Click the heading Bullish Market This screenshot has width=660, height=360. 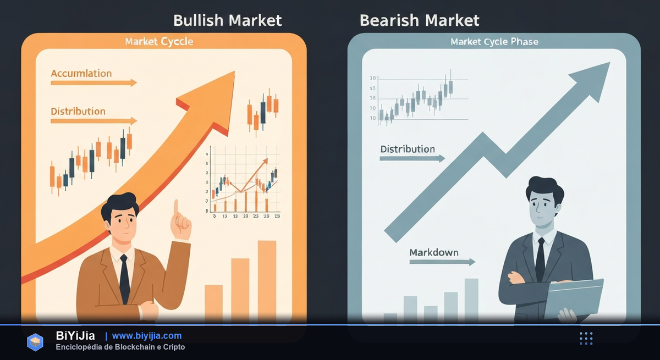coord(227,20)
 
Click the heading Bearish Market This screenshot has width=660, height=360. coord(419,20)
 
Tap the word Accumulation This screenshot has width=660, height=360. coord(81,73)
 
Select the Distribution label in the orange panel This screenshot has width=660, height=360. coord(78,111)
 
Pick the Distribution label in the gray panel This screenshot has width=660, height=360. coord(408,149)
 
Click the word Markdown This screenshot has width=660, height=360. coord(434,253)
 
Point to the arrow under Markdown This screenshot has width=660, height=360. coord(442,262)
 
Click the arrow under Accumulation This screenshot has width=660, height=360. coord(94,83)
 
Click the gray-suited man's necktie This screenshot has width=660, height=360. coord(541,258)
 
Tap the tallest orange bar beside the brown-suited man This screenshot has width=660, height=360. coord(267,280)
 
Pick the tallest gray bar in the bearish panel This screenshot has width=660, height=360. coord(471,300)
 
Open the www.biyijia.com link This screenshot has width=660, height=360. coord(147,336)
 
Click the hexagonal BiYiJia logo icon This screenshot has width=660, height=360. coord(35,341)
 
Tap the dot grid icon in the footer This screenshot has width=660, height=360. coord(586,339)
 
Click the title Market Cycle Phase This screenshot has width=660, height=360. coord(494,42)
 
